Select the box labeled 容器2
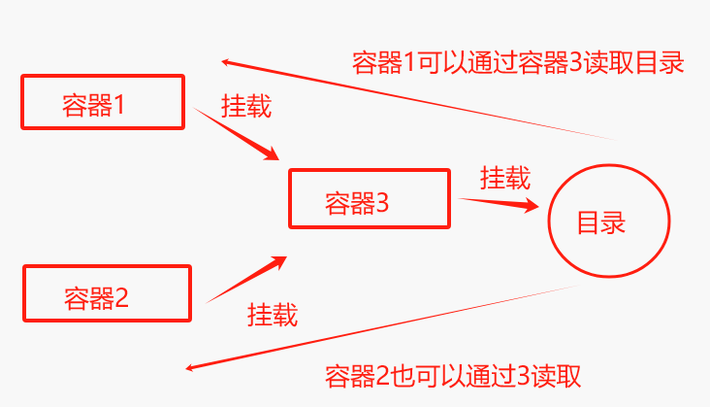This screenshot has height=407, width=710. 107,293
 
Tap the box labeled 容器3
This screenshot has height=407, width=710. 369,199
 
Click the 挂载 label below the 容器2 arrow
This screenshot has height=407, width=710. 272,315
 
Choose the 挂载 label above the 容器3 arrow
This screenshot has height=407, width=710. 504,178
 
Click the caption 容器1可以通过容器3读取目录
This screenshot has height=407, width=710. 518,63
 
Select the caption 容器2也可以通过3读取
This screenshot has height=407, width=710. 452,374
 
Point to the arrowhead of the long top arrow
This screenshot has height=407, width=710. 226,62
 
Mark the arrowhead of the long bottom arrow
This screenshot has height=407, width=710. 191,368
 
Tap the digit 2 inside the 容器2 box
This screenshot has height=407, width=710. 122,297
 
